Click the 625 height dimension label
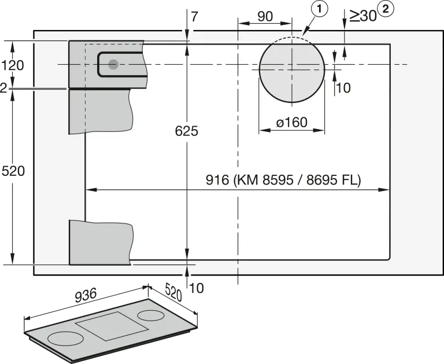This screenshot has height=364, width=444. [186, 131]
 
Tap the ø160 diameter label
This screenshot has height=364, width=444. [291, 123]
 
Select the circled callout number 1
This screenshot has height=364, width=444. [319, 9]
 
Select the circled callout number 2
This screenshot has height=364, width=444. [386, 9]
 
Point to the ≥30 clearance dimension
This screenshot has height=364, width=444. [362, 16]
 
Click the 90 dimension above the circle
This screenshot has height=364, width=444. [265, 17]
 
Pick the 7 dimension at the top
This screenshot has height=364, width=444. [194, 17]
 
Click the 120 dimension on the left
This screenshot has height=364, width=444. [13, 65]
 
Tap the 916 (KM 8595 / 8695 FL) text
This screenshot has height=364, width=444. [283, 180]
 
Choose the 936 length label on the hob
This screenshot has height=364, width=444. [86, 295]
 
